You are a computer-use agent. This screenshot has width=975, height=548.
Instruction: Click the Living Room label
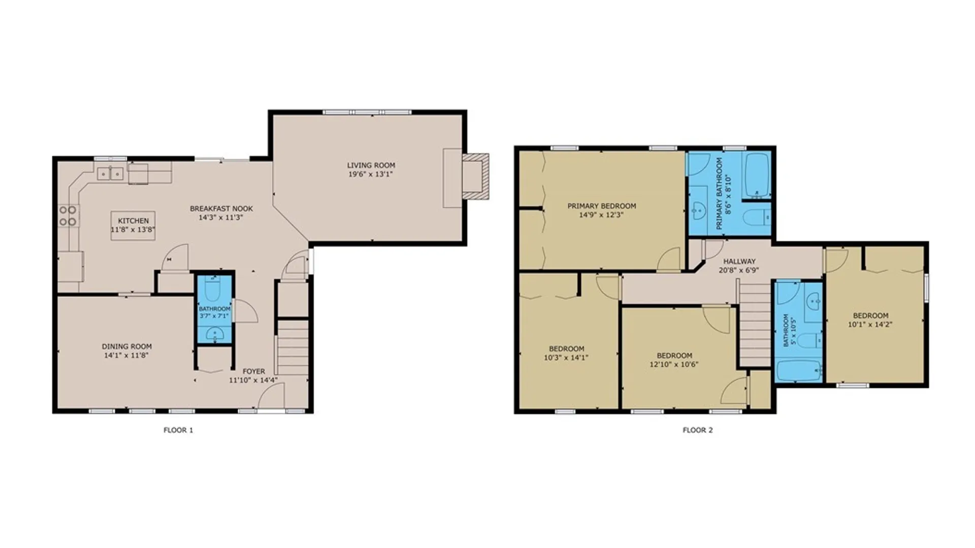tap(371, 165)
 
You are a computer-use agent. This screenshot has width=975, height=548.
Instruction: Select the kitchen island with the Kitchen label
tap(133, 225)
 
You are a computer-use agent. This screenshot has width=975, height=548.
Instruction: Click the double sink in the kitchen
tap(111, 174)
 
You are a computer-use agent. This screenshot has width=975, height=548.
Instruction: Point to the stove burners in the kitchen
tap(68, 216)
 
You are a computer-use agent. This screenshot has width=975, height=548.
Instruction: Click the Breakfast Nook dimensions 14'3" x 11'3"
tap(221, 218)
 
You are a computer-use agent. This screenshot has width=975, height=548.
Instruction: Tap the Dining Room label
tap(126, 347)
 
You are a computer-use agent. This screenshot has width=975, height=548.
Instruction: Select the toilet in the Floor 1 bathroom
tap(214, 289)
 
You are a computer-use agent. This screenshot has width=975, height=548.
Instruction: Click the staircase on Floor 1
tap(292, 348)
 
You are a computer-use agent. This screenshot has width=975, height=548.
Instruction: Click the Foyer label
tap(253, 371)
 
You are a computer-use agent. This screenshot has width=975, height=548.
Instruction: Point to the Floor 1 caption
tap(178, 430)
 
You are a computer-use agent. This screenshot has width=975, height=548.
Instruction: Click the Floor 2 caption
tap(697, 430)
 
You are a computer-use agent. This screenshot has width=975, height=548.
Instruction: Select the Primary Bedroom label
tap(601, 206)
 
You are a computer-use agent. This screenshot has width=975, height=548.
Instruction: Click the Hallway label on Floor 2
tap(739, 261)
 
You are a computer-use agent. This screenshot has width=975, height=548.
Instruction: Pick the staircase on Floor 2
tap(755, 325)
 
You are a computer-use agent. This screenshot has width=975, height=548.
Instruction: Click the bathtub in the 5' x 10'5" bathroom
tap(798, 371)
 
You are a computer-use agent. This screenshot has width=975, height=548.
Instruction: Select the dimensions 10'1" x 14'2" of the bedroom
tap(870, 324)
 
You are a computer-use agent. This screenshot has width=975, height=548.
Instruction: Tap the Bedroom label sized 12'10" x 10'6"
tap(674, 356)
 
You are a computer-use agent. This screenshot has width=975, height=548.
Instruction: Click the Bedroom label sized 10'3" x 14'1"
tap(566, 349)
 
